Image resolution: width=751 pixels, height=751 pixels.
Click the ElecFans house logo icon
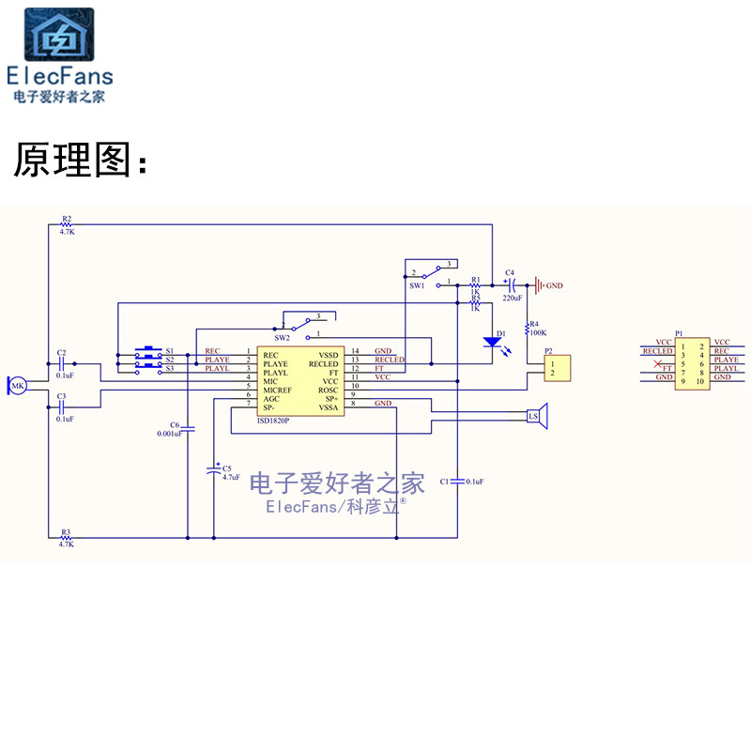[58, 35]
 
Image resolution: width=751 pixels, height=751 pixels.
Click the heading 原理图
[80, 161]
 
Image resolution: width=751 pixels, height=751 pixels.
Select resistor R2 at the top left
[66, 225]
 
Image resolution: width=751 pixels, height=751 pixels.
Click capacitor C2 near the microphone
[62, 362]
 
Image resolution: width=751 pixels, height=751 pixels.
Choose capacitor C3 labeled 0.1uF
[62, 407]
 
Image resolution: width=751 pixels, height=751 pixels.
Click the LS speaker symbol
[536, 416]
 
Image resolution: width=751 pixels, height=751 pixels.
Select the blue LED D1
[491, 342]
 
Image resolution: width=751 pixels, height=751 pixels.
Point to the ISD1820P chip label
[273, 421]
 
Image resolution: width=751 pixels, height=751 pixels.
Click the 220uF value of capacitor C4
[512, 298]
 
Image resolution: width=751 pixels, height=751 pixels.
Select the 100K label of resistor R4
[538, 332]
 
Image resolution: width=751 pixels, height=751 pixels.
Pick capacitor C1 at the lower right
[457, 481]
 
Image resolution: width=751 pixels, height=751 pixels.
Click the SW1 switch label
[417, 286]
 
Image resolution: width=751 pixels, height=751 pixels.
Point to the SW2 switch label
[282, 336]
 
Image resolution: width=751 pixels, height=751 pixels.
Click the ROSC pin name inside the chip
[328, 389]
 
